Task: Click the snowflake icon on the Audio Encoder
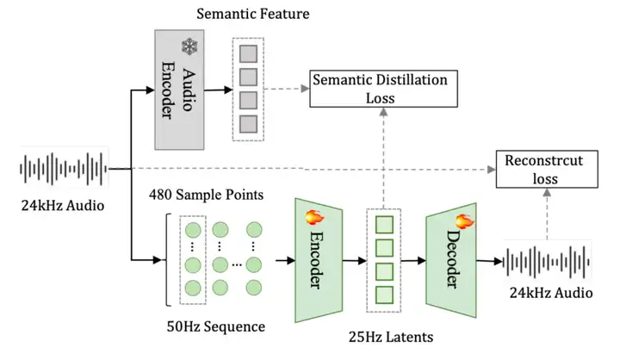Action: tap(189, 47)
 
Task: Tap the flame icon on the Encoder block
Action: tap(315, 217)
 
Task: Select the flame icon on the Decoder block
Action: tap(465, 221)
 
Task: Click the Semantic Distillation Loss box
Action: tap(383, 89)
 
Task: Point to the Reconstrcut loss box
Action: tap(547, 169)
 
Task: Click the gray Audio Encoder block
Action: tap(179, 90)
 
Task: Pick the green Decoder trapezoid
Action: tap(450, 260)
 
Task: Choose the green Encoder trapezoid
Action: tap(319, 260)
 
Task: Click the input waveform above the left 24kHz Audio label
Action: tap(64, 169)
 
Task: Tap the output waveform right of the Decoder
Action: tap(548, 262)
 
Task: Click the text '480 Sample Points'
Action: tap(206, 195)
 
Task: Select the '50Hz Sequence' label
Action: tap(216, 326)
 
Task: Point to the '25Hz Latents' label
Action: tap(391, 337)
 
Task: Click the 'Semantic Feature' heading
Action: tap(252, 14)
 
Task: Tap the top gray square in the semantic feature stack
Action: tap(248, 53)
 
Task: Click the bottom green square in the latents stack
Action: tap(384, 295)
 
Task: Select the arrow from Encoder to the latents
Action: tap(354, 261)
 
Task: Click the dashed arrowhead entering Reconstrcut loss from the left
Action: tap(492, 170)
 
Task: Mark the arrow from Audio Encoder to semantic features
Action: tap(218, 90)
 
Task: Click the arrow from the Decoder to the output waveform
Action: tap(489, 261)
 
